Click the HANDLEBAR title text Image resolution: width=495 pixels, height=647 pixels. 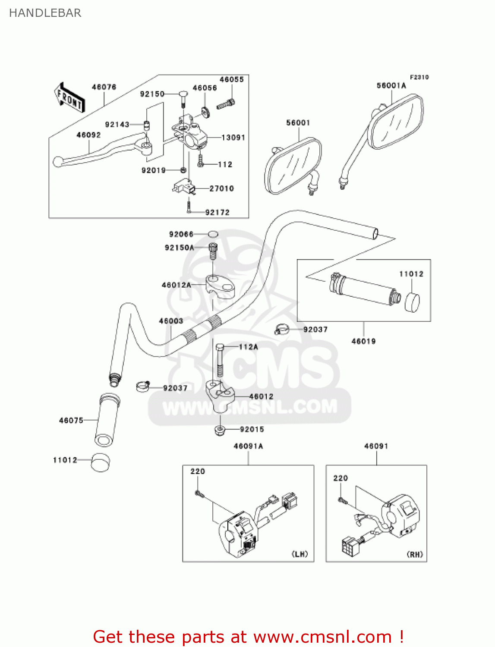click(x=45, y=13)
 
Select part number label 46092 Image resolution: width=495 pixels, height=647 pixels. click(x=88, y=135)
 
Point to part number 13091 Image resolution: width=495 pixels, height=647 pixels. click(x=233, y=138)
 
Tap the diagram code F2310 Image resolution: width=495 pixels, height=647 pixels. click(x=419, y=77)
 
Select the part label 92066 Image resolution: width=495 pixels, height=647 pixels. click(x=181, y=234)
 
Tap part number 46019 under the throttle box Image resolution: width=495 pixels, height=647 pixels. click(x=363, y=341)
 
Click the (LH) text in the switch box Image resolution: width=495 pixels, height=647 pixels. click(x=300, y=554)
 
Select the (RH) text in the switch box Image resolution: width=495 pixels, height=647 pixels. click(x=415, y=554)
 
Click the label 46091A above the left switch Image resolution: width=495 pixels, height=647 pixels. click(x=248, y=446)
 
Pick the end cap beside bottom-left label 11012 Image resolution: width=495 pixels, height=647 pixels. click(x=101, y=462)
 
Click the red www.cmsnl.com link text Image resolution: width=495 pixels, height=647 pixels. click(x=322, y=637)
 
